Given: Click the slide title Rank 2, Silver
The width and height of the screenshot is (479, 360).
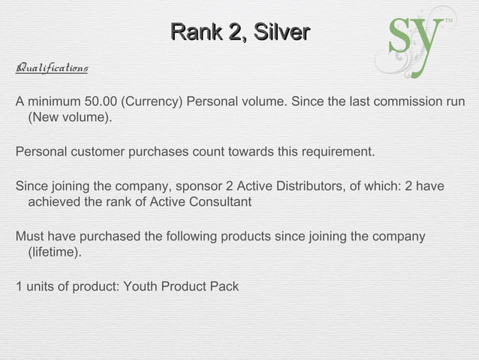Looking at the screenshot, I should click(239, 32).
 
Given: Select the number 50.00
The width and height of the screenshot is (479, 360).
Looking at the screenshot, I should click(103, 102).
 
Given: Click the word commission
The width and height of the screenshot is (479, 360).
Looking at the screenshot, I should click(401, 102).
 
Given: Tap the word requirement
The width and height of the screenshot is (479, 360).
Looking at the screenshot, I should click(337, 153).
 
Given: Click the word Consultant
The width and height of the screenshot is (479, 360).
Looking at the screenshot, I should click(221, 203).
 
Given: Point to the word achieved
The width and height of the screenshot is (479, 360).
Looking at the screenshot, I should click(52, 203).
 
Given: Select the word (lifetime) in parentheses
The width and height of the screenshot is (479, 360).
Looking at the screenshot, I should click(55, 253).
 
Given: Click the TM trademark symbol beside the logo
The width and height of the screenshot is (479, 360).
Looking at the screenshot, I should click(450, 20).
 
